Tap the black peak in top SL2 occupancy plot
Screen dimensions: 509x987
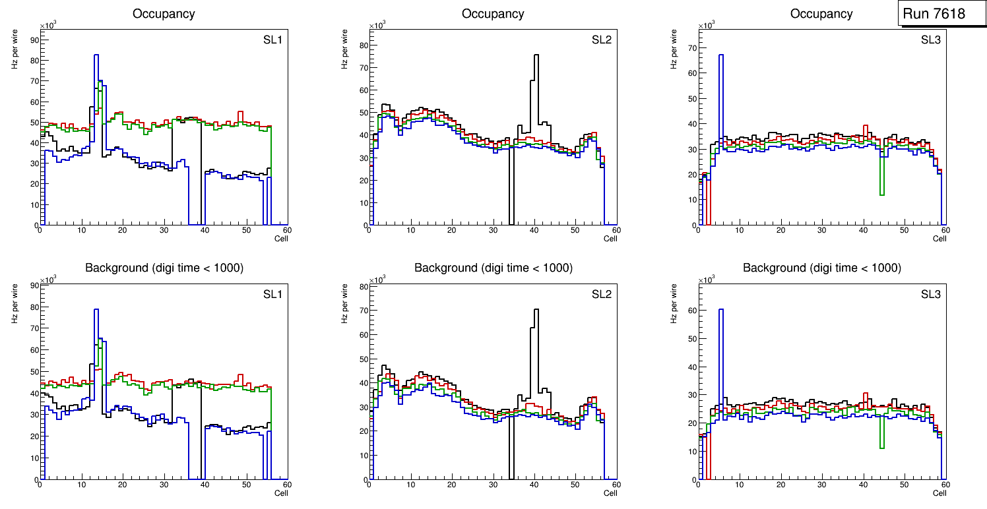click(536, 55)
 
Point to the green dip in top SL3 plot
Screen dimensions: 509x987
click(881, 194)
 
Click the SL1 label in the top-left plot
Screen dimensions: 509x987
click(272, 40)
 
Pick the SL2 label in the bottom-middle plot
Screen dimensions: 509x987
click(601, 294)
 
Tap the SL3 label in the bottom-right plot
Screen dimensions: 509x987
click(930, 294)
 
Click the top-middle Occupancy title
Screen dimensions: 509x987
click(493, 13)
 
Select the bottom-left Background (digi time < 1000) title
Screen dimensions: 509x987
click(164, 268)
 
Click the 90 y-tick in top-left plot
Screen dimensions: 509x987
click(34, 40)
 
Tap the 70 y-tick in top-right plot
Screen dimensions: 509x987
click(692, 48)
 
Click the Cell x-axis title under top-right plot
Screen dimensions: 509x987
click(939, 239)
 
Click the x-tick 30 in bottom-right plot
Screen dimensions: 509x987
click(821, 485)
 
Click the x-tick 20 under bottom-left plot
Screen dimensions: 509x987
click(123, 485)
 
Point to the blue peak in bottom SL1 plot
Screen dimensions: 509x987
click(96, 310)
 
